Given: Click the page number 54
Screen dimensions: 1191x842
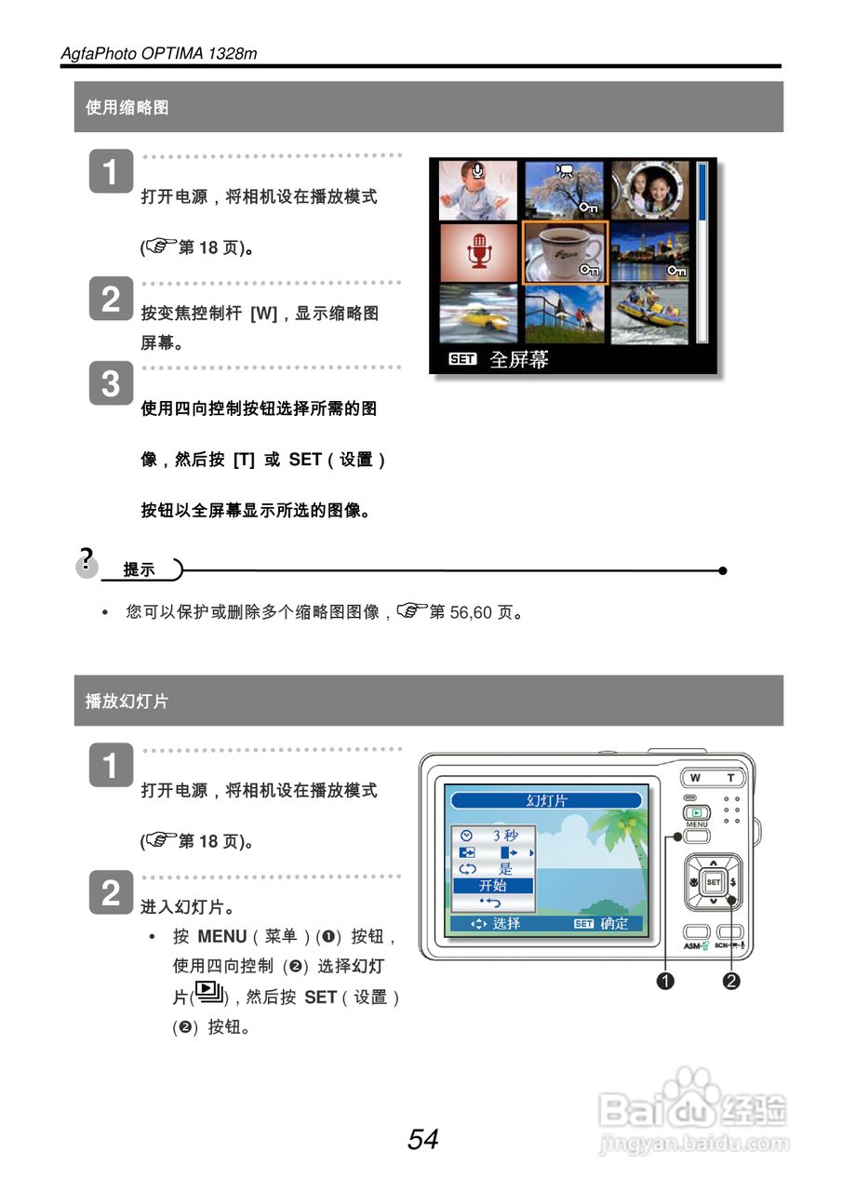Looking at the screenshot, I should point(422,1139).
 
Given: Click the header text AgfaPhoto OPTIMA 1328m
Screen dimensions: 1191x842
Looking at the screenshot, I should point(158,54).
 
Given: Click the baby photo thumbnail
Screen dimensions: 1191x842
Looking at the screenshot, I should point(478,189).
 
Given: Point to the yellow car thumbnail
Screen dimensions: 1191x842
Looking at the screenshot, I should point(478,314).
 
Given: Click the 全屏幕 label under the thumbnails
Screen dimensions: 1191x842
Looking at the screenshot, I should point(518,360).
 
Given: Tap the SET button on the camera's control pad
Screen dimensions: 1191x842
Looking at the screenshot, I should point(713,882).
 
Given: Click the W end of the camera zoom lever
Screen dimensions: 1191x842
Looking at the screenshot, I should point(695,778).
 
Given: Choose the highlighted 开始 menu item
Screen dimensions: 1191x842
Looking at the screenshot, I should point(493,886).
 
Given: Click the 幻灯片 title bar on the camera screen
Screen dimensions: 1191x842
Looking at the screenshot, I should point(546,800).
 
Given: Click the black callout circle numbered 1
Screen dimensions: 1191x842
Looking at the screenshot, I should point(665,980).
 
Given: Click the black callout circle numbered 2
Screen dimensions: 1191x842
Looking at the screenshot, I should point(731,980).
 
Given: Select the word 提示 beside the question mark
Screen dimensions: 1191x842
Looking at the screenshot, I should point(140,570).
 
